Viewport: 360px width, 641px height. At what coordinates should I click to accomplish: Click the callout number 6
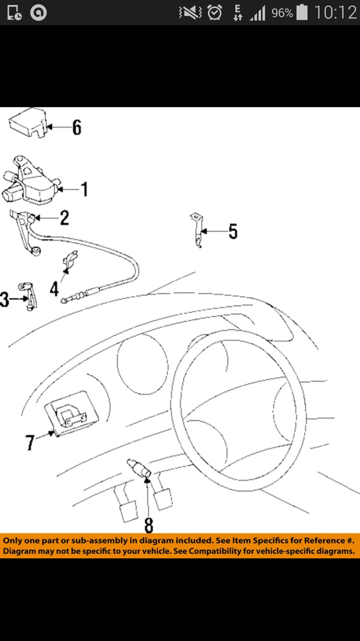[x=77, y=128]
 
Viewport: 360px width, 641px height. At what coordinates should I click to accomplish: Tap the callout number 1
[x=85, y=190]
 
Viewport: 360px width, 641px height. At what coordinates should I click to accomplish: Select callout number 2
[x=64, y=218]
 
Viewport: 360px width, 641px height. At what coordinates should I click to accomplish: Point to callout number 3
[x=4, y=299]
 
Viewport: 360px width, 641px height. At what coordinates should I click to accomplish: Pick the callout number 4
[x=54, y=289]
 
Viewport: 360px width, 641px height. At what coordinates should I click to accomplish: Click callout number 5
[x=233, y=231]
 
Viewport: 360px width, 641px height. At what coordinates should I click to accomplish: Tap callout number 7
[x=29, y=443]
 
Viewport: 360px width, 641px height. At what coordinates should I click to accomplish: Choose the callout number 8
[x=149, y=526]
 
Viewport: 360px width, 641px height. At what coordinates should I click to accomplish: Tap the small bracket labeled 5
[x=197, y=230]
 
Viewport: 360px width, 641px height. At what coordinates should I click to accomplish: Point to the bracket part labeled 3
[x=28, y=296]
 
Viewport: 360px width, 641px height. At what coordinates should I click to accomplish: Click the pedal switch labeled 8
[x=140, y=468]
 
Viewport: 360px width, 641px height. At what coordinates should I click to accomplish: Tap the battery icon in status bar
[x=302, y=12]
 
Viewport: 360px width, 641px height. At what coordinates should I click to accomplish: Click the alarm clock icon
[x=215, y=12]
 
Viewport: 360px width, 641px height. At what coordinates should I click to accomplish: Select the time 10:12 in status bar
[x=336, y=13]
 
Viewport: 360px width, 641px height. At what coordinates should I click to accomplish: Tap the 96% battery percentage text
[x=282, y=13]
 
